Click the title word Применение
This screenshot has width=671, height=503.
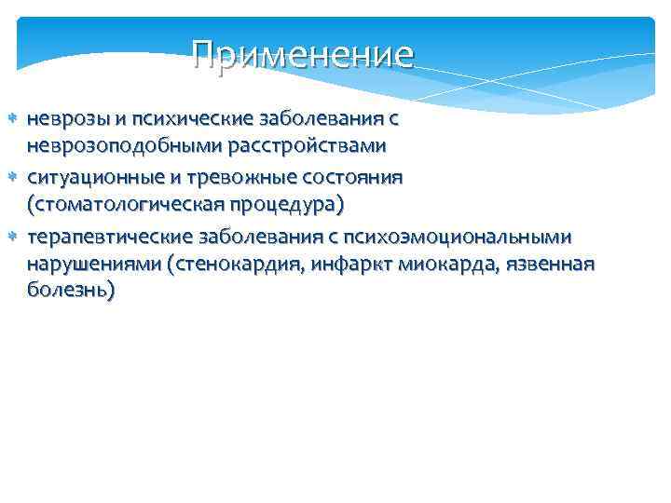pos(302,55)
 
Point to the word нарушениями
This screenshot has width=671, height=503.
pos(93,264)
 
